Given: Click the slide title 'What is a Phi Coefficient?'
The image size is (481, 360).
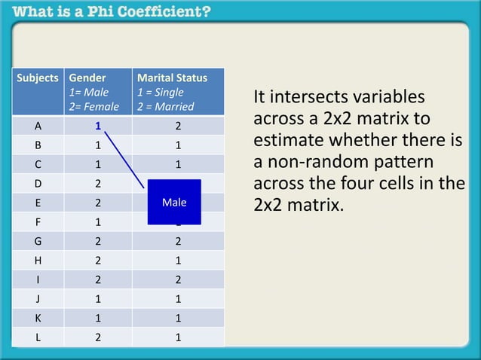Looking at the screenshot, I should pos(112,12).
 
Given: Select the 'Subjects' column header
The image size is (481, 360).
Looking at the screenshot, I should pos(38,78).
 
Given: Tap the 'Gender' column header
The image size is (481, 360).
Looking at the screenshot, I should pos(87,78).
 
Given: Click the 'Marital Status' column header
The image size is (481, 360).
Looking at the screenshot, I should pos(172,78).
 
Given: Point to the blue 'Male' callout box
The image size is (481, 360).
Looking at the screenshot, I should pos(174,202).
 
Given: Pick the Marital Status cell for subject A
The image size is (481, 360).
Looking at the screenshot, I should pos(178,126).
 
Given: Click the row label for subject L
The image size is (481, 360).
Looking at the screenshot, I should pos(38,337).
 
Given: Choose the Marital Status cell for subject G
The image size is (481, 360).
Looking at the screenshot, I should pos(178,241).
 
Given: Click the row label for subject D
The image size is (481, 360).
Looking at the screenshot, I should pos(38,183).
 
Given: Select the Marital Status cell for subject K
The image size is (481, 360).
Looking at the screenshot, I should pos(178,318).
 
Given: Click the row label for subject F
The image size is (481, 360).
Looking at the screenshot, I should pos(38,222).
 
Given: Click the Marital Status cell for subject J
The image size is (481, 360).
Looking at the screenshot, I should pos(178,299).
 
